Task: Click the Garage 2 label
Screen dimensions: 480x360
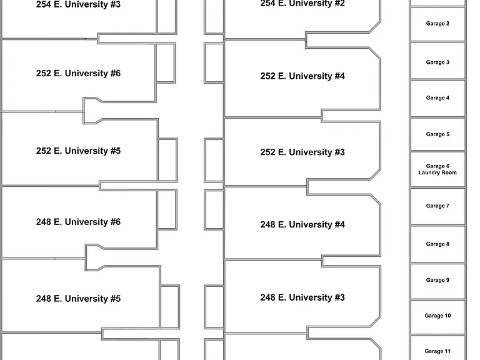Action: [437, 24]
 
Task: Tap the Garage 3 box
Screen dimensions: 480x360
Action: [437, 61]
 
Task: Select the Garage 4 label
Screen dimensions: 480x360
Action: [437, 98]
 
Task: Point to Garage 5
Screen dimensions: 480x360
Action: [437, 134]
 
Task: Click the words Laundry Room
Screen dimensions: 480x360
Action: [437, 172]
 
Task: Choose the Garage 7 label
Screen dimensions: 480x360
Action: [437, 206]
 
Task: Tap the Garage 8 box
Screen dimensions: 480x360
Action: [437, 244]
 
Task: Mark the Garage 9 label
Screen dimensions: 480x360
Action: [437, 280]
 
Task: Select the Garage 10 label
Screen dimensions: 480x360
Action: [437, 316]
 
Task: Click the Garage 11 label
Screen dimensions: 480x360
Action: [437, 351]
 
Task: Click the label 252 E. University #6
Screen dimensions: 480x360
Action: [78, 74]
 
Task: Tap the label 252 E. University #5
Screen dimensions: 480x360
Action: [78, 151]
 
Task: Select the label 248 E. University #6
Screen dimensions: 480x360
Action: [78, 222]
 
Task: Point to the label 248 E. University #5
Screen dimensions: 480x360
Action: [78, 299]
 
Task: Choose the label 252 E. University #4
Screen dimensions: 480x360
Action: [302, 76]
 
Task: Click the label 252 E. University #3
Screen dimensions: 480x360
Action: [302, 152]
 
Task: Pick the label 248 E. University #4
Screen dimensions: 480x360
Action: [302, 225]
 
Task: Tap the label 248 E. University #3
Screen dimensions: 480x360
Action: [302, 297]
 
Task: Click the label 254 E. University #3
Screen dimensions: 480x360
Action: [78, 4]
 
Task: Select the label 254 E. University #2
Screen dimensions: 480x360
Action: [302, 4]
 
